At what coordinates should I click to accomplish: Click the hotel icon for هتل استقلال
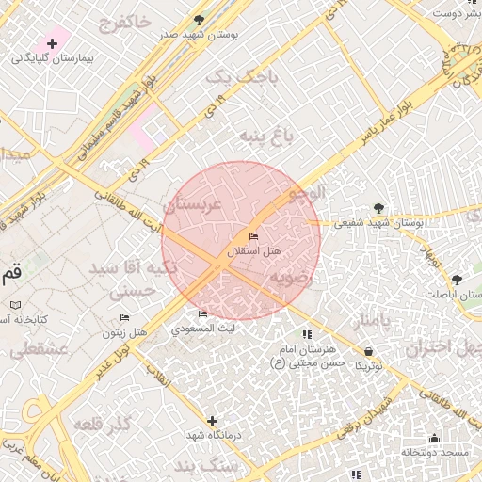[x=252, y=236]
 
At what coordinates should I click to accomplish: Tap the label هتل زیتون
[x=125, y=333]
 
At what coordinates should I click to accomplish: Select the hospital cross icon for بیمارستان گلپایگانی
[x=52, y=43]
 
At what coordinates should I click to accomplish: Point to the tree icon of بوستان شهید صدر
[x=198, y=19]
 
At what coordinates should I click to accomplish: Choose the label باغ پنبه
[x=265, y=137]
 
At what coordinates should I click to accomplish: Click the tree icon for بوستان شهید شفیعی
[x=378, y=208]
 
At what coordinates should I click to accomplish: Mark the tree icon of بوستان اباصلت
[x=457, y=280]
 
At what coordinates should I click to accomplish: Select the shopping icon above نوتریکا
[x=367, y=351]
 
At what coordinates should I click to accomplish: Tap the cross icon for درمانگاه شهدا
[x=212, y=421]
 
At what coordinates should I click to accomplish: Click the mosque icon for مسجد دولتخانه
[x=434, y=438]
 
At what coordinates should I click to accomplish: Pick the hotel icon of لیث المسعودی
[x=202, y=314]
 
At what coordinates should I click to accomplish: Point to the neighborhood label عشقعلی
[x=38, y=349]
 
